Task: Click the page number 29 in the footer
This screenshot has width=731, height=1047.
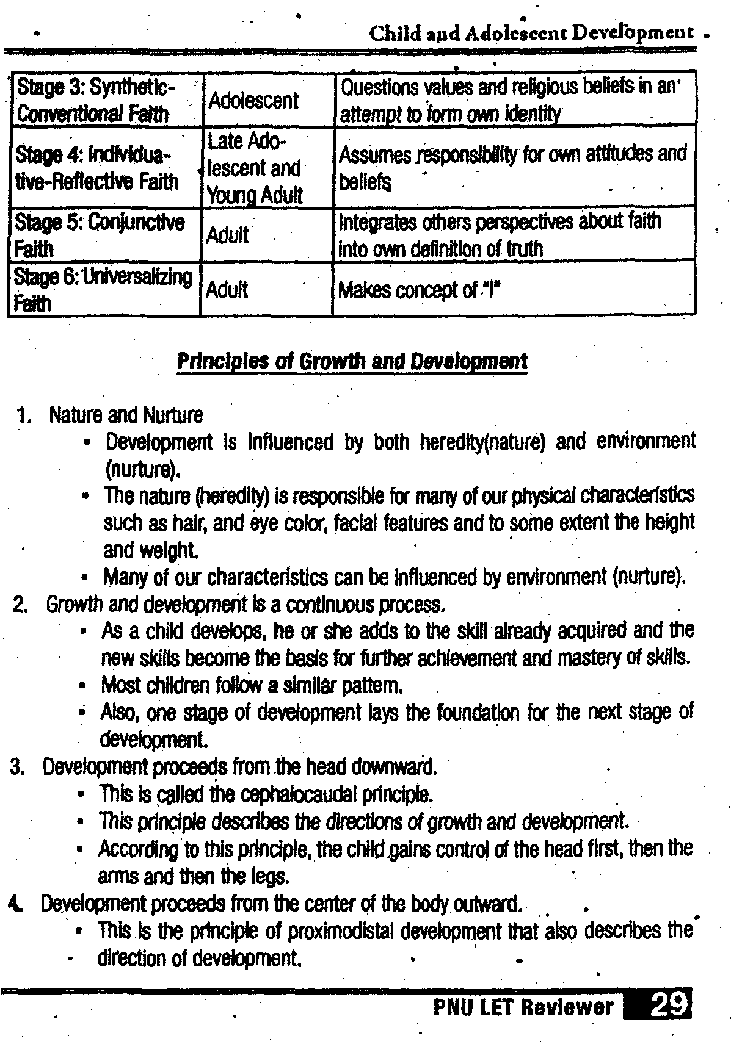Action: pos(671,1004)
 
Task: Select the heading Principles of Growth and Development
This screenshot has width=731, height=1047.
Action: pos(352,361)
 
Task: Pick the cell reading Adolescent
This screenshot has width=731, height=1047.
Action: pos(253,101)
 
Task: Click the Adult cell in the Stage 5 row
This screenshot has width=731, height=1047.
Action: pos(227,235)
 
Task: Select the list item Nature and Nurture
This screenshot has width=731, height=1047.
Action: pos(126,416)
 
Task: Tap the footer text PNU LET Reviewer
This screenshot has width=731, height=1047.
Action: pos(523,1007)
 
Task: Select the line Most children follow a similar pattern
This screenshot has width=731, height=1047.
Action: pos(252,686)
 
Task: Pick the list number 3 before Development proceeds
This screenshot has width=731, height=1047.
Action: pos(18,767)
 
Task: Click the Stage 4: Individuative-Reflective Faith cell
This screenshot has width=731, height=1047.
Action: pos(98,168)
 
